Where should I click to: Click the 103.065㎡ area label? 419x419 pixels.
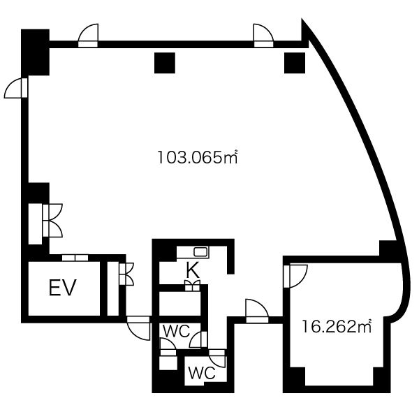[x=197, y=157]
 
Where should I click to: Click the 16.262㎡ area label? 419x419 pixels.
[x=337, y=326]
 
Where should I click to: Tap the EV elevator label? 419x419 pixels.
[x=63, y=288]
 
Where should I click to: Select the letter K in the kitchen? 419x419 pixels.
[x=193, y=270]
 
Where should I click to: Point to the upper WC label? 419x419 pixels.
[x=177, y=331]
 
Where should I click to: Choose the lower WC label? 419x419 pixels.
[x=202, y=373]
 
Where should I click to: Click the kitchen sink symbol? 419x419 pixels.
[x=200, y=251]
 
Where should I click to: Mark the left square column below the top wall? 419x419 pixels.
[x=165, y=63]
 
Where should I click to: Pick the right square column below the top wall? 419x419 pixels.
[x=295, y=63]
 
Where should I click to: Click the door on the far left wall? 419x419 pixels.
[x=16, y=88]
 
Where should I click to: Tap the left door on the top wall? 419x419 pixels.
[x=88, y=36]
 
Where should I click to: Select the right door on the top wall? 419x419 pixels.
[x=263, y=36]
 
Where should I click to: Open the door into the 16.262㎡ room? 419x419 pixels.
[x=295, y=276]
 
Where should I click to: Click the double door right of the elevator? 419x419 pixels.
[x=126, y=274]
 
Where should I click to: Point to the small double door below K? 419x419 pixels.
[x=193, y=286]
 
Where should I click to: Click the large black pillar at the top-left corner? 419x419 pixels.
[x=36, y=52]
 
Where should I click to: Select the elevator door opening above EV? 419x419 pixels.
[x=75, y=258]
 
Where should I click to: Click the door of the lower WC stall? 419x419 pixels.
[x=217, y=358]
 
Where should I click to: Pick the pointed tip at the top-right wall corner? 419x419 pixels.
[x=302, y=19]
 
